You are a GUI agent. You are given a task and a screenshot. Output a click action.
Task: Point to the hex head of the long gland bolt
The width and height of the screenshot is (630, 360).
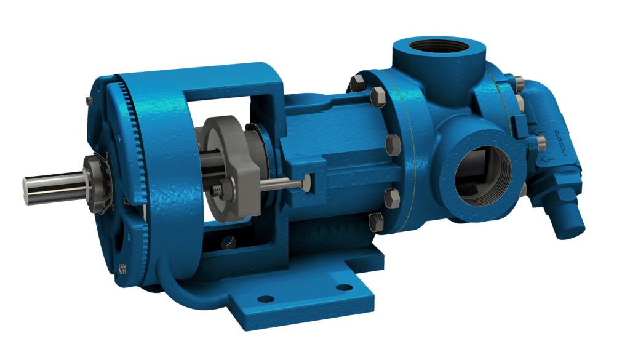pyautogui.click(x=306, y=181)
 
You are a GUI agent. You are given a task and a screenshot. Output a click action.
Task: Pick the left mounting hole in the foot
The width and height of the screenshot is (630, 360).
pyautogui.click(x=265, y=299)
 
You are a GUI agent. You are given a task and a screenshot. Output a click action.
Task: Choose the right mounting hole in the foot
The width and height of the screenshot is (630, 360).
pyautogui.click(x=343, y=287)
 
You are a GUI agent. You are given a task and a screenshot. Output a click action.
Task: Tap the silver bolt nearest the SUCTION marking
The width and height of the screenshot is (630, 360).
pyautogui.click(x=541, y=143)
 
